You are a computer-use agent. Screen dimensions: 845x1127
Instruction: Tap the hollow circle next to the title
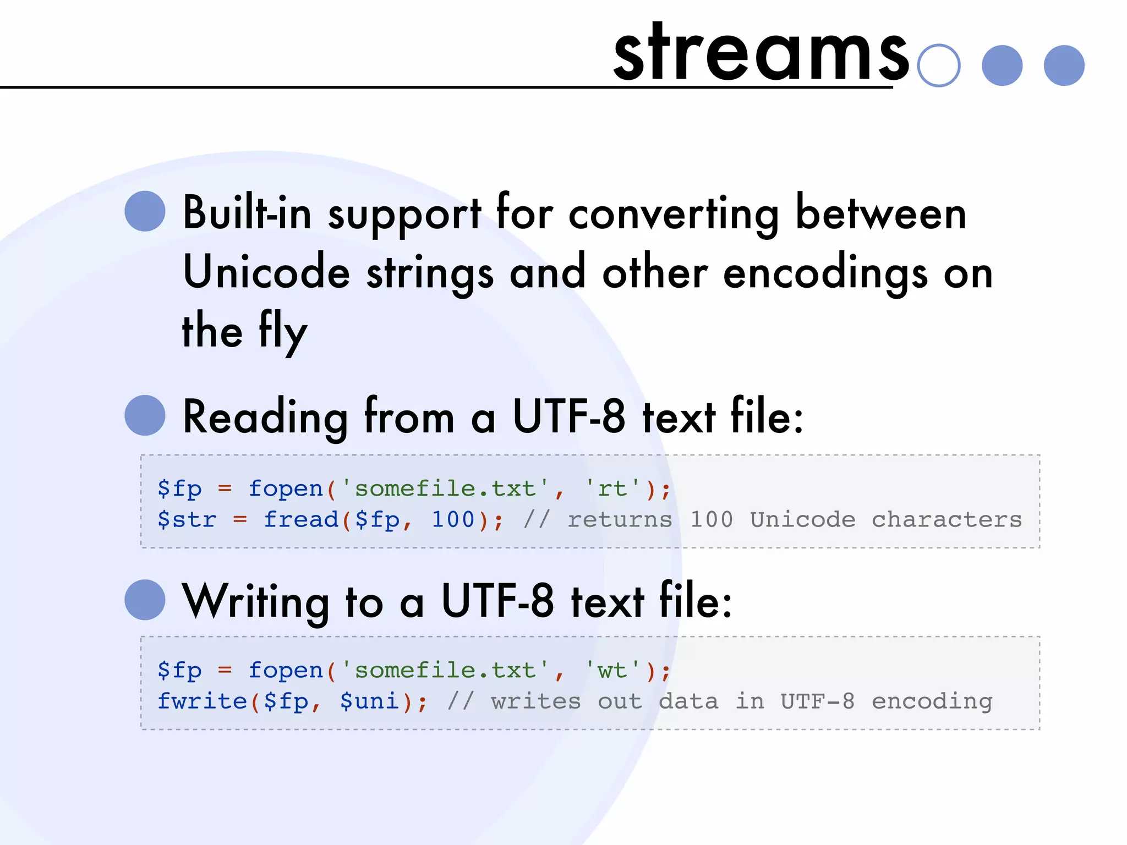click(939, 65)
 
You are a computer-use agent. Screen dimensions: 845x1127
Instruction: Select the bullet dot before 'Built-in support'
click(145, 211)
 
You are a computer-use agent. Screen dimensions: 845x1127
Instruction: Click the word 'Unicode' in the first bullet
click(266, 272)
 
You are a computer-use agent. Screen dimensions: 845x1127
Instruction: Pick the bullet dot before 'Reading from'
click(145, 415)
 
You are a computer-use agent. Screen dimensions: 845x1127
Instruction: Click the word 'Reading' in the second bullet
click(265, 418)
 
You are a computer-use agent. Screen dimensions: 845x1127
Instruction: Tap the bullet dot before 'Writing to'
click(145, 600)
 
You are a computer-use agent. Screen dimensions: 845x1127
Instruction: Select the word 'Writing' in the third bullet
click(256, 602)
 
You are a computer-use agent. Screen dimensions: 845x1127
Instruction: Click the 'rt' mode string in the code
click(612, 489)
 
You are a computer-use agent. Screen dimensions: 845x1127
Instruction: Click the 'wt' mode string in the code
click(612, 670)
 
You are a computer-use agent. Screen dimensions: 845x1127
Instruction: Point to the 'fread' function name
click(301, 519)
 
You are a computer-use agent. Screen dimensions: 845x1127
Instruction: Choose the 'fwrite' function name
click(202, 701)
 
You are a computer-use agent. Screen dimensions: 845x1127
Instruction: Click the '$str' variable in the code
click(187, 519)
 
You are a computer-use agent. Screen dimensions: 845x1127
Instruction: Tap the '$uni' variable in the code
click(369, 701)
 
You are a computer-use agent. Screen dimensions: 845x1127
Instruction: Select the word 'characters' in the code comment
click(947, 519)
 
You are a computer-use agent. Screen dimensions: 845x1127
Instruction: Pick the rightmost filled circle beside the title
click(1064, 65)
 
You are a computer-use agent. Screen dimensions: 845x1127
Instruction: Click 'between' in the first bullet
click(880, 213)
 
